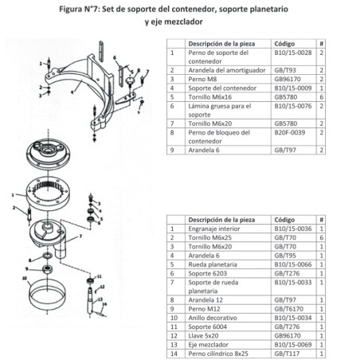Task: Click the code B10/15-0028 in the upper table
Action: click(291, 53)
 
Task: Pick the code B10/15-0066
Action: click(291, 263)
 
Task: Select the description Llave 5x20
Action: click(205, 335)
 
